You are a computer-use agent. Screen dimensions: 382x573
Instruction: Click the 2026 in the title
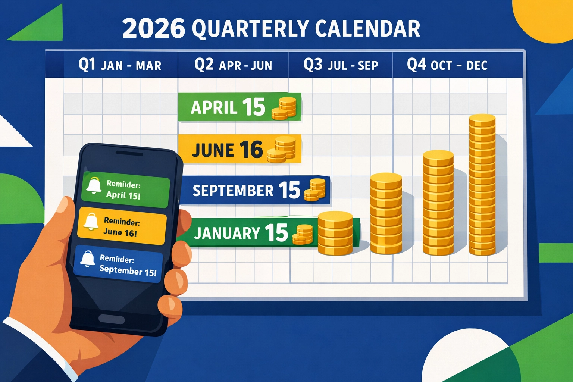point(153,29)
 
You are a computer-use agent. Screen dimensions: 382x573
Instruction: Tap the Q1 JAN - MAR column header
point(120,65)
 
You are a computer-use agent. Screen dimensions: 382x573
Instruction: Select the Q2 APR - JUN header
point(233,65)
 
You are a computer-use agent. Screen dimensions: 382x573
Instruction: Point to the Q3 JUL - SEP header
point(341,65)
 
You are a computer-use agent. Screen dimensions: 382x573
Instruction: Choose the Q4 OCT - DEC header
point(447,65)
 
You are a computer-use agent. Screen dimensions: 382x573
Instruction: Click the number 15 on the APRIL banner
point(254,107)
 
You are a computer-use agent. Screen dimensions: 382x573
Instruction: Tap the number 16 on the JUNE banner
point(251,150)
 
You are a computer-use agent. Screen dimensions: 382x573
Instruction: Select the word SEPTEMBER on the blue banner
point(233,191)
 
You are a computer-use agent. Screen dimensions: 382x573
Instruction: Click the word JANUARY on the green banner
point(227,233)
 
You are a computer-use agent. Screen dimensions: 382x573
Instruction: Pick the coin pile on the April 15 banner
point(284,109)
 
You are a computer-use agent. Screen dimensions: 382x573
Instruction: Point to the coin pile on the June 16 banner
point(282,150)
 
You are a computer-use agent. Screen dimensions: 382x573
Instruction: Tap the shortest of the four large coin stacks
point(335,233)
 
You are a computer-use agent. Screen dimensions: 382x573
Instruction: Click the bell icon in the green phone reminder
point(94,185)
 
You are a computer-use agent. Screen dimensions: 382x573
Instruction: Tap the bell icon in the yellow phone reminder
point(91,221)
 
